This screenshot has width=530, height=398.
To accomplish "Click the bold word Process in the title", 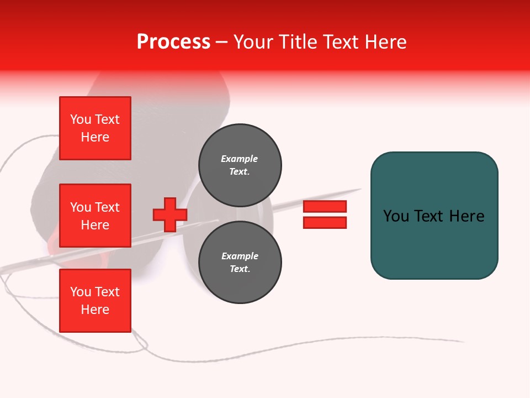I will pos(173,42).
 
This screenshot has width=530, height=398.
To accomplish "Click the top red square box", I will pos(95,128).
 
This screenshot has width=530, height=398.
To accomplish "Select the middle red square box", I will pos(95,216).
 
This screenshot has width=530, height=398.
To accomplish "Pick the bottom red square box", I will pos(95,301).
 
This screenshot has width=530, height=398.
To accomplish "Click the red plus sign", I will pos(169,215).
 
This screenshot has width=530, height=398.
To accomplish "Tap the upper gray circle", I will pos(240,165).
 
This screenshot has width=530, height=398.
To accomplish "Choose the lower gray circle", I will pos(240,263).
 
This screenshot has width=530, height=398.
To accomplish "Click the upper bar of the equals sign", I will pos(325,207).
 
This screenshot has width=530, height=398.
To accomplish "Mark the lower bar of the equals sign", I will pos(325,222).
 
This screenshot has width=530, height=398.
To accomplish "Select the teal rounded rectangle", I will pos(434,216).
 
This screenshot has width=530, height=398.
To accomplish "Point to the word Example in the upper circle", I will pos(240,159).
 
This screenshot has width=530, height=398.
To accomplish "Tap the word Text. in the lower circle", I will pos(240,269).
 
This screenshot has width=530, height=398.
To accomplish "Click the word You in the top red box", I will pos(80,119).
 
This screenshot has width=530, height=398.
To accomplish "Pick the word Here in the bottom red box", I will pos(95,310).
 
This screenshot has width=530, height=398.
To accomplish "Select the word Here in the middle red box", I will pos(95,225).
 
